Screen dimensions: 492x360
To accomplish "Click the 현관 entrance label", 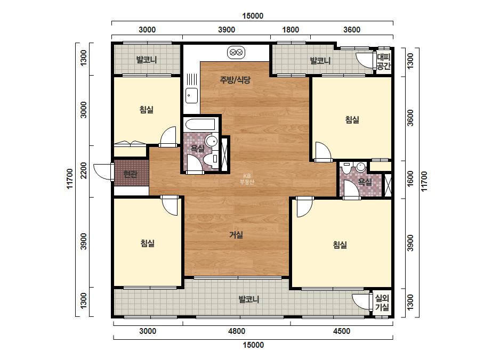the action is tap(130, 174).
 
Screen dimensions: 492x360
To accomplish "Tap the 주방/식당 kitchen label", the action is tap(235, 80).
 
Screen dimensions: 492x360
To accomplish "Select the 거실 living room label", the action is tap(236, 234).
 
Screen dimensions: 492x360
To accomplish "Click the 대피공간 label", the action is tap(383, 61).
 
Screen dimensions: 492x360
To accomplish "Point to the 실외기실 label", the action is tap(382, 302).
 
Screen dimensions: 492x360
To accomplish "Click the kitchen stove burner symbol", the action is tap(236, 52).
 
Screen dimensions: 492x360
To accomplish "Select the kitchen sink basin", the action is tap(191, 95).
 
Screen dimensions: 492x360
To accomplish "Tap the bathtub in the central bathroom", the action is tap(200, 124).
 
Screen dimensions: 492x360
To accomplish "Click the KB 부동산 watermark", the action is tap(247, 179).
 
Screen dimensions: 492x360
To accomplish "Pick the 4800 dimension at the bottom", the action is tap(237, 331).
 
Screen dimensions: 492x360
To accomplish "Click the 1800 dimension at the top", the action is tap(291, 30).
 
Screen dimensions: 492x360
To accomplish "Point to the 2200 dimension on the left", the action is tap(84, 170).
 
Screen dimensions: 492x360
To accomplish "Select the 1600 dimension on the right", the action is tap(410, 179).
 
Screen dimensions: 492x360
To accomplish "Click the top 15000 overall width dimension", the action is tap(253, 15).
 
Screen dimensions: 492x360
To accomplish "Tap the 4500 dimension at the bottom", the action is tap(342, 331).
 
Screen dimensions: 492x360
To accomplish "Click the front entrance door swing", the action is tap(101, 171).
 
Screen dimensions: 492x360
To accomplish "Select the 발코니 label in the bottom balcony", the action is tap(249, 299).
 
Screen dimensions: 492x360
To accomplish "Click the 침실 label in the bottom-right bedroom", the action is tap(340, 244).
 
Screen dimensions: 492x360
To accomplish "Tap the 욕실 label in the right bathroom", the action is tap(365, 182).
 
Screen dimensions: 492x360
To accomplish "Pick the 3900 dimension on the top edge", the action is tap(227, 30).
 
